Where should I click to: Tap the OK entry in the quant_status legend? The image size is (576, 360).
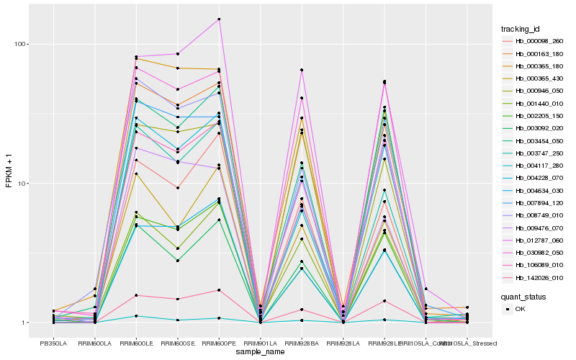520,308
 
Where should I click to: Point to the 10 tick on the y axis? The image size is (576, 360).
22,183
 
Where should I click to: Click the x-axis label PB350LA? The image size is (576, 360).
51,343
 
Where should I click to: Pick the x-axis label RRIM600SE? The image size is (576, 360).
177,343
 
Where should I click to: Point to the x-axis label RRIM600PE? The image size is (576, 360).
219,343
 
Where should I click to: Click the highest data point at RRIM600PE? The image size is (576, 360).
219,19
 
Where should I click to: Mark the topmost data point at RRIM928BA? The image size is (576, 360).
302,70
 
